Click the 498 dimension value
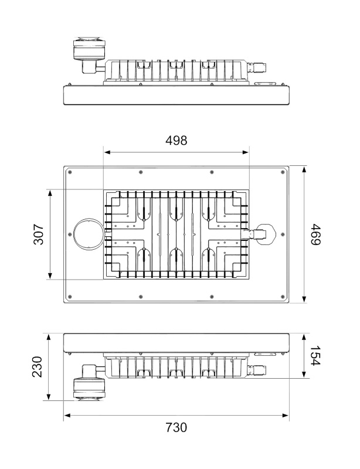point(176,140)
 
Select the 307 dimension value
point(39,234)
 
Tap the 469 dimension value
point(315,234)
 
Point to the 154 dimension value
point(315,356)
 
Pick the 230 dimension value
point(38,367)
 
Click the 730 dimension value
point(176,427)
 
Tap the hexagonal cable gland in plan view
point(265,234)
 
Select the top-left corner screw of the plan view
point(70,172)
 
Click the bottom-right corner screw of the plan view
point(283,297)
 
